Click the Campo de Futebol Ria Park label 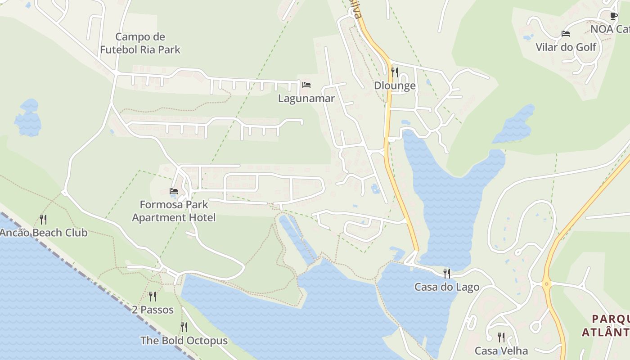pyautogui.click(x=140, y=43)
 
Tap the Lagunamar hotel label pyautogui.click(x=306, y=98)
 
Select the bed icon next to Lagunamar pyautogui.click(x=306, y=85)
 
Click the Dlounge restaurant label pyautogui.click(x=395, y=85)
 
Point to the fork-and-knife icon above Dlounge pyautogui.click(x=395, y=72)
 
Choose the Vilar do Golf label pyautogui.click(x=566, y=47)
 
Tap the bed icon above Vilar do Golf pyautogui.click(x=566, y=34)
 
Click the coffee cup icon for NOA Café pyautogui.click(x=613, y=16)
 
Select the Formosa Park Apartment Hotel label pyautogui.click(x=174, y=211)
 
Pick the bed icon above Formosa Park pyautogui.click(x=174, y=191)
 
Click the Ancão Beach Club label pyautogui.click(x=44, y=233)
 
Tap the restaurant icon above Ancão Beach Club pyautogui.click(x=43, y=219)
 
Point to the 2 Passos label pyautogui.click(x=153, y=310)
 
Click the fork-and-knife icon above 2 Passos pyautogui.click(x=153, y=296)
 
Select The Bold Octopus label pyautogui.click(x=184, y=340)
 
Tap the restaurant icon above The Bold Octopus pyautogui.click(x=184, y=327)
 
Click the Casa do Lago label pyautogui.click(x=446, y=287)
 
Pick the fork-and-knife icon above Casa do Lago pyautogui.click(x=446, y=273)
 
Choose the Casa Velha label pyautogui.click(x=501, y=350)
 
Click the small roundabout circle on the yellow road pyautogui.click(x=546, y=283)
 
